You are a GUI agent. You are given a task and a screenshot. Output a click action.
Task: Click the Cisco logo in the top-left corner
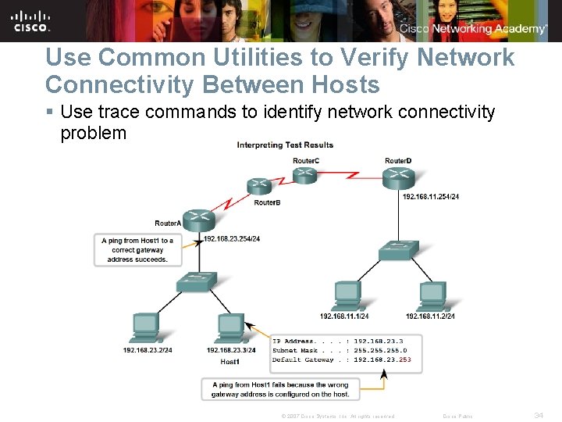tap(32, 20)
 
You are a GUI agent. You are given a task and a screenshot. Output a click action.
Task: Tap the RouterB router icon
tap(259, 187)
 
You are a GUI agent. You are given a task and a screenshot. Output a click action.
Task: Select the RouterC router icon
tap(304, 173)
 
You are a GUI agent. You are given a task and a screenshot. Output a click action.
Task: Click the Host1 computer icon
tap(230, 328)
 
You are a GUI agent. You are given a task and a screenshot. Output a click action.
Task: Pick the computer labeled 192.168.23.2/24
tap(145, 328)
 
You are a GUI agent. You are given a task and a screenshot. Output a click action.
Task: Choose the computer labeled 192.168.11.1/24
tap(345, 295)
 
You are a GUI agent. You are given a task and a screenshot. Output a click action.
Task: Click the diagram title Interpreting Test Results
tap(285, 145)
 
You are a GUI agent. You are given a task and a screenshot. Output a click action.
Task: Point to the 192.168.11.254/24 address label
tap(431, 196)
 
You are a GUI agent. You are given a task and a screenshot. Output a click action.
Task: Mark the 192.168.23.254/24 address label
tap(231, 238)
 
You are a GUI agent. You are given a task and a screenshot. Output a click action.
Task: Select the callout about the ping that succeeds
tap(137, 250)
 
